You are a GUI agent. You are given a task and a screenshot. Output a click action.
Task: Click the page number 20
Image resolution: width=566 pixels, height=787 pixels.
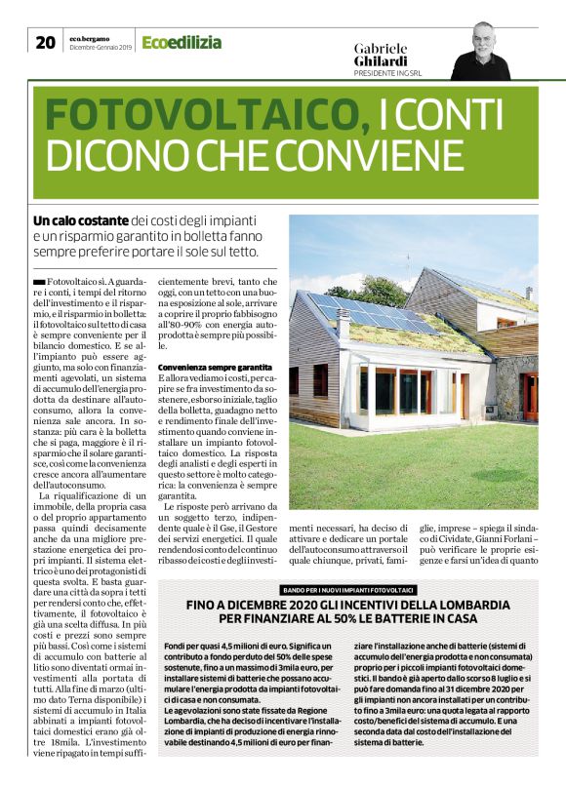tap(45, 42)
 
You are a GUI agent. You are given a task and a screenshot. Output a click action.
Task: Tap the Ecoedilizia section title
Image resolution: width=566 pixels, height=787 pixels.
tap(182, 42)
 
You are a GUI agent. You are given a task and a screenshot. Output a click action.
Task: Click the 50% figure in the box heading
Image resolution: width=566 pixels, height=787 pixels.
tap(353, 619)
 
